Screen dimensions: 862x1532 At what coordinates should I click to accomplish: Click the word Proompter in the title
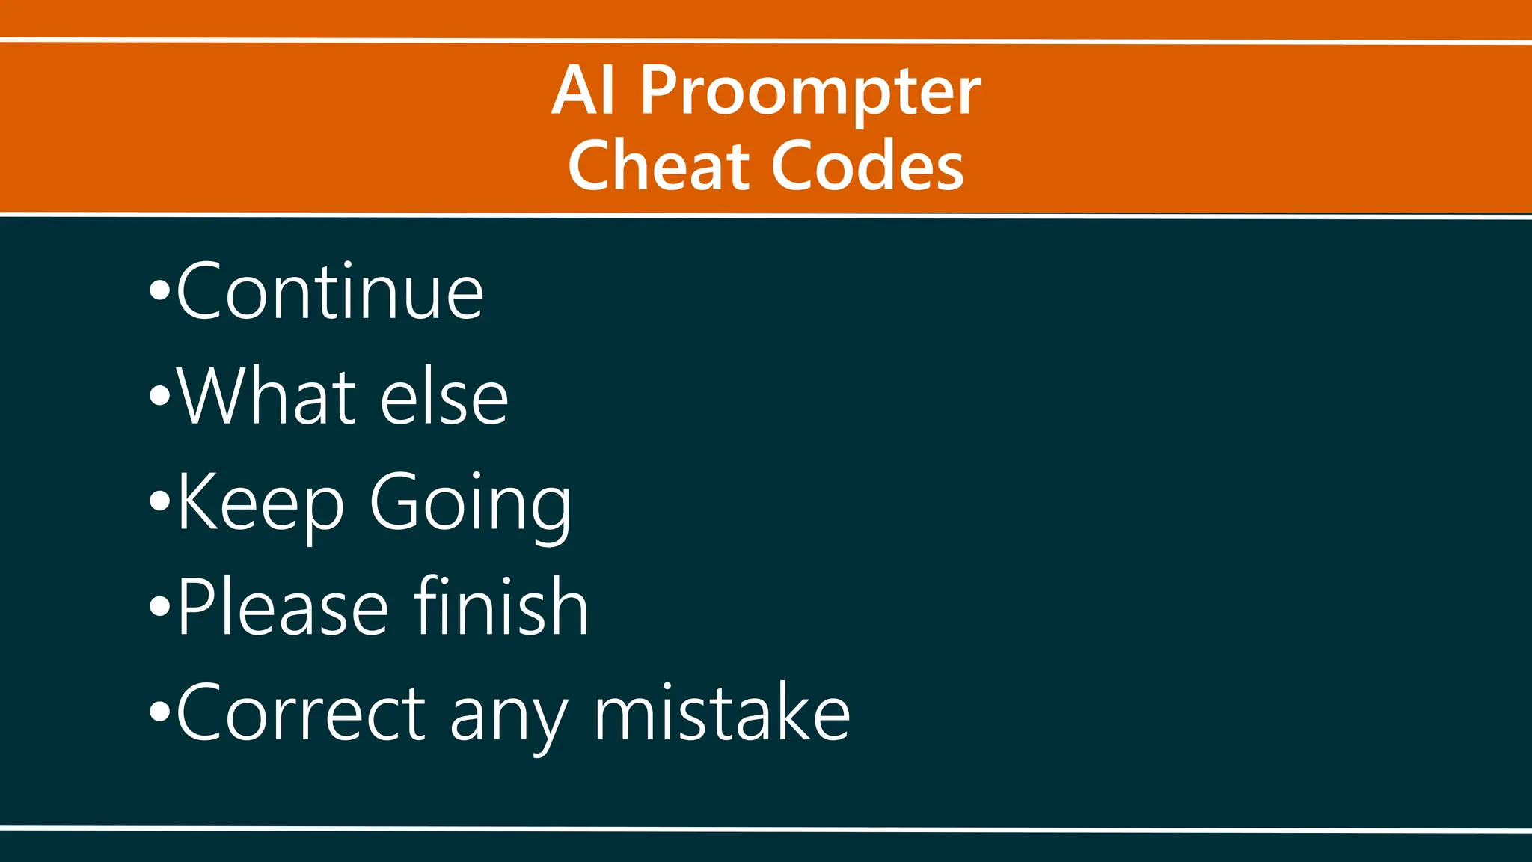(809, 93)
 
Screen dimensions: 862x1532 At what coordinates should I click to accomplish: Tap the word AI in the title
(584, 91)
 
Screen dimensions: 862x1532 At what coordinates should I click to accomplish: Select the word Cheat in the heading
(658, 165)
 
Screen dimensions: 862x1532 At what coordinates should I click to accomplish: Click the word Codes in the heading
(867, 165)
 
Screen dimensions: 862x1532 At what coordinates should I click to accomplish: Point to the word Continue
(330, 292)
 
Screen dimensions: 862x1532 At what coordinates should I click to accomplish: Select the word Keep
(260, 503)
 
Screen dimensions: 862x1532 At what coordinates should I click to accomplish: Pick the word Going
(471, 504)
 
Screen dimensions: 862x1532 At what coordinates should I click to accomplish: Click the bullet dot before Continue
(159, 291)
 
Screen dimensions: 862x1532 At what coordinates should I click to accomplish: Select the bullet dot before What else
(159, 396)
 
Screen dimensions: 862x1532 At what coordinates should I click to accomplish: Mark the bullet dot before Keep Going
(159, 501)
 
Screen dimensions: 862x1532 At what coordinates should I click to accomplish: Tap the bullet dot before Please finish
(159, 606)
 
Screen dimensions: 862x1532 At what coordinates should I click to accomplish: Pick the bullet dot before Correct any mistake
(159, 712)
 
